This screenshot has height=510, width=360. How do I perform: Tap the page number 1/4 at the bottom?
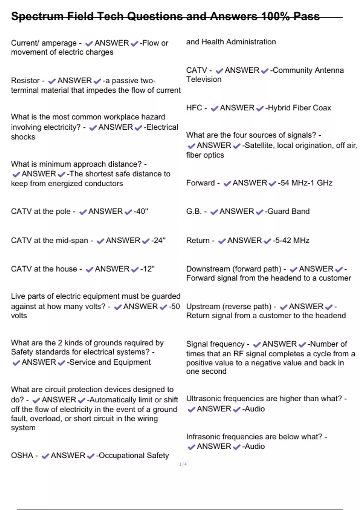click(183, 464)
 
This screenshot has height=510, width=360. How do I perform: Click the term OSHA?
click(22, 456)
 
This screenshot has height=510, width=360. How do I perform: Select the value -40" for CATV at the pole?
click(141, 211)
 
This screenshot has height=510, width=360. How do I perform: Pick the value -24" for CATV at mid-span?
click(158, 241)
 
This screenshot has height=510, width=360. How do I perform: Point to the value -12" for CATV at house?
click(147, 269)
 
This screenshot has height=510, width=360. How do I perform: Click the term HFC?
click(194, 108)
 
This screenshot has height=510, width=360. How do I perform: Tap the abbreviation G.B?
click(194, 211)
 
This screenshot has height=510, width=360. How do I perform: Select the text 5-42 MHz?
click(291, 241)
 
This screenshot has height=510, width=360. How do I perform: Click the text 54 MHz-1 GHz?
click(305, 183)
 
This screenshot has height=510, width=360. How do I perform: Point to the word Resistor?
click(25, 81)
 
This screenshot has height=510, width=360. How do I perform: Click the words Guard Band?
click(288, 211)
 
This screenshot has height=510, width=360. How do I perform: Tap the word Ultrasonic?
click(204, 399)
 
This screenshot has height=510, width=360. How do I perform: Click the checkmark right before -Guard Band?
click(259, 212)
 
